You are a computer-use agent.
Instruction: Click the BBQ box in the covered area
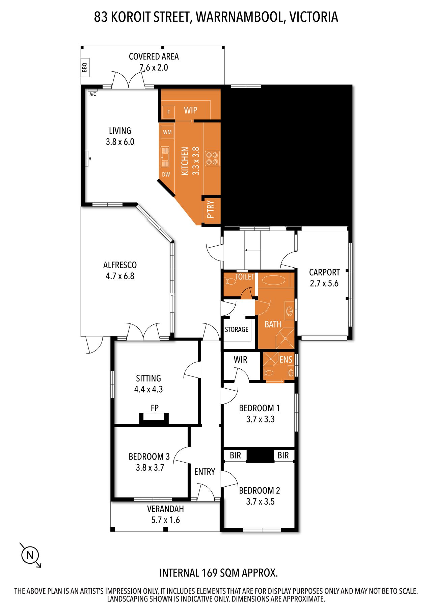[x=84, y=67]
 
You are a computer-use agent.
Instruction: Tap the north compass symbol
[x=30, y=555]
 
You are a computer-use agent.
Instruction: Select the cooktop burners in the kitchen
[x=213, y=158]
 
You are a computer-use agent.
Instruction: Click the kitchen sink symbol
[x=165, y=157]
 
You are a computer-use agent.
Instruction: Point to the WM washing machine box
[x=167, y=132]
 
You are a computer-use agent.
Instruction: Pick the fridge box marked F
[x=168, y=112]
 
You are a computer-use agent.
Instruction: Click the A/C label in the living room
[x=93, y=94]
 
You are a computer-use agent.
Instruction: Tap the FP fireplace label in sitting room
[x=155, y=408]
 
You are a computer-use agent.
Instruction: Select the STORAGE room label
[x=237, y=329]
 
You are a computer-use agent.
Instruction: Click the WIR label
[x=240, y=360]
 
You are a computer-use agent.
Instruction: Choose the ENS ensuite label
[x=286, y=360]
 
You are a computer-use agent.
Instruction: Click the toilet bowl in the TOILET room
[x=231, y=281]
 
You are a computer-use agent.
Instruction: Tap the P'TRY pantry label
[x=211, y=210]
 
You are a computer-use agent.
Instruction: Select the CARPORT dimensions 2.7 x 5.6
[x=324, y=284]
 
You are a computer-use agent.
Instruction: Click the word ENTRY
[x=205, y=472]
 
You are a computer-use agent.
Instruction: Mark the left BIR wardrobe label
[x=235, y=456]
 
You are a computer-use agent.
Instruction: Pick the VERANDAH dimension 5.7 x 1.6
[x=165, y=520]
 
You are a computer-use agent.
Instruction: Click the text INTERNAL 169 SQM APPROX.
[x=219, y=573]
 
